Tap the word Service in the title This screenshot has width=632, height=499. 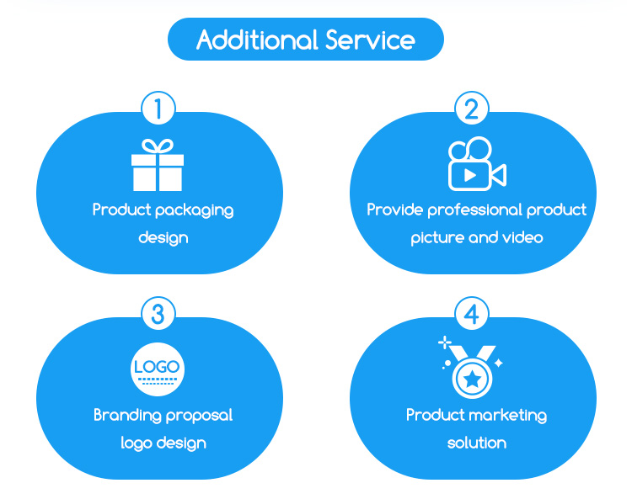tap(372, 40)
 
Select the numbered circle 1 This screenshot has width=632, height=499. tap(158, 109)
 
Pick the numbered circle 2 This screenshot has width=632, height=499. tap(472, 109)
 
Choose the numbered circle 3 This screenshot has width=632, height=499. tap(158, 315)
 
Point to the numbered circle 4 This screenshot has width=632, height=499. tap(472, 315)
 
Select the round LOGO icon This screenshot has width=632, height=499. tap(158, 369)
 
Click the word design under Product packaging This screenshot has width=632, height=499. tap(163, 238)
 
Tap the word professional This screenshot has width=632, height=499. tap(474, 210)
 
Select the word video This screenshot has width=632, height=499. tap(522, 238)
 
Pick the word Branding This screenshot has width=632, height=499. tap(126, 416)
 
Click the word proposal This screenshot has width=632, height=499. tap(200, 416)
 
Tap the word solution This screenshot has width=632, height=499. tap(476, 443)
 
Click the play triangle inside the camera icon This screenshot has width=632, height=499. tap(470, 175)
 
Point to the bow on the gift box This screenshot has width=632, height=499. tap(158, 146)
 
